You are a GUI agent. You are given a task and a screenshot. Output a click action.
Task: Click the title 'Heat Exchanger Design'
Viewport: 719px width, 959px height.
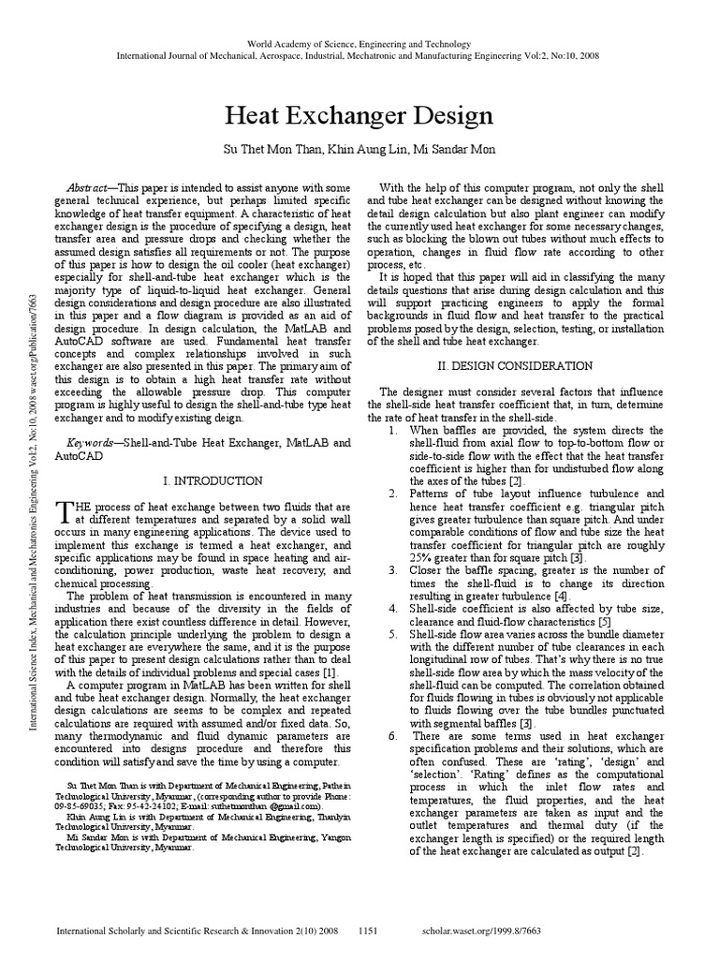(x=359, y=116)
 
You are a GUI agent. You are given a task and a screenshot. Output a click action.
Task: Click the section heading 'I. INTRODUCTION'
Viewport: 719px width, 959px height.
(x=213, y=480)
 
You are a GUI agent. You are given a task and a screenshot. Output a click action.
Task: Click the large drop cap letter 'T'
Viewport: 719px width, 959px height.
(x=65, y=511)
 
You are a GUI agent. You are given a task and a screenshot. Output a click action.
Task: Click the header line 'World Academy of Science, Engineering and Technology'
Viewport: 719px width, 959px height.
(x=359, y=44)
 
